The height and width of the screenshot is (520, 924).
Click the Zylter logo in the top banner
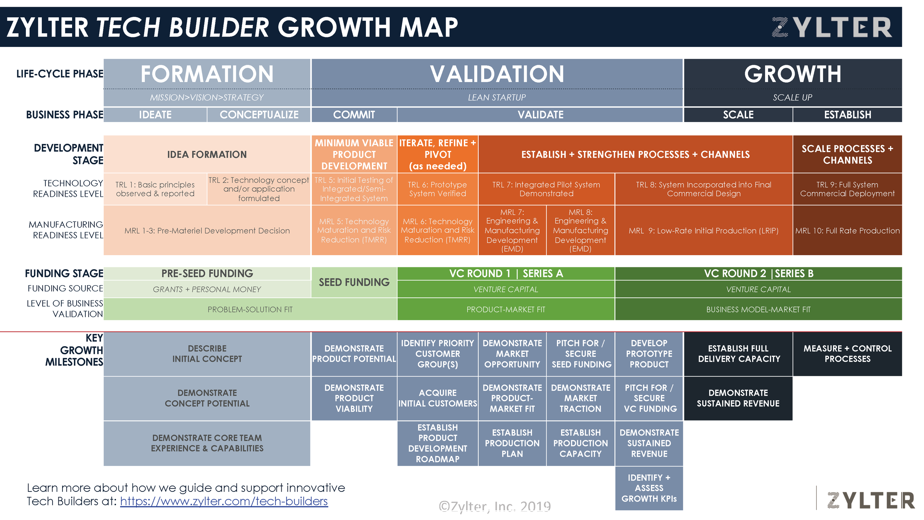[832, 27]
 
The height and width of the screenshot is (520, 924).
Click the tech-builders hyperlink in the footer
[224, 501]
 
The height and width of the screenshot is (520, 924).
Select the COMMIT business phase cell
[354, 115]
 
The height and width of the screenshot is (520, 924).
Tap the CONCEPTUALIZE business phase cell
[259, 115]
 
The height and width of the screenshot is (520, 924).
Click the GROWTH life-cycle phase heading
[792, 74]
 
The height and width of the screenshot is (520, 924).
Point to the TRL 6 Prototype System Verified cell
[437, 189]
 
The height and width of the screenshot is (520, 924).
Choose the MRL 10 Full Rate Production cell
[847, 230]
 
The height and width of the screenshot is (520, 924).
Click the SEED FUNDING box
[354, 282]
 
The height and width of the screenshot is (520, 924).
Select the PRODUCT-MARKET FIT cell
[506, 309]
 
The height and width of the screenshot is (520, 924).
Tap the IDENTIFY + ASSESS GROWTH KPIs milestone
[649, 488]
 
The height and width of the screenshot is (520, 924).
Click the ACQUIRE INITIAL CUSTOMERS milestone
[437, 398]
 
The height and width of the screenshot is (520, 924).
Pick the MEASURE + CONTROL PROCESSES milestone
[847, 354]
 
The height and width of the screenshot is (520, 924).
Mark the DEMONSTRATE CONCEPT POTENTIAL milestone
[207, 398]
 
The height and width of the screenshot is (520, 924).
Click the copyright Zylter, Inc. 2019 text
[495, 506]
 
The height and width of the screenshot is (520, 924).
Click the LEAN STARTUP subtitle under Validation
[496, 98]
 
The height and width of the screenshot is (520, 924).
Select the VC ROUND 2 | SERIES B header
[758, 273]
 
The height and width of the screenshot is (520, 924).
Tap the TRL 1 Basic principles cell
[155, 189]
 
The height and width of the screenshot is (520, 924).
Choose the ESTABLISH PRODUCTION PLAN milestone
[512, 443]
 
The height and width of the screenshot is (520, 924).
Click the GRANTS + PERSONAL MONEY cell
[207, 289]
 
